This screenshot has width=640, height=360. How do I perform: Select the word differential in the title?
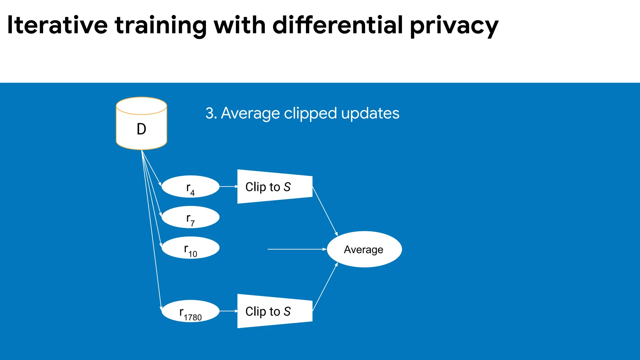click(337, 25)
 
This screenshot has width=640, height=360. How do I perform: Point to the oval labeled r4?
click(190, 187)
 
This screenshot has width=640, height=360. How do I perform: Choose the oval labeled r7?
click(190, 217)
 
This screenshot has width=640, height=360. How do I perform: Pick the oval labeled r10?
click(190, 248)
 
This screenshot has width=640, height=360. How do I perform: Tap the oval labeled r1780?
click(190, 311)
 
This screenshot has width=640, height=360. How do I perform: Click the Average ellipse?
click(364, 249)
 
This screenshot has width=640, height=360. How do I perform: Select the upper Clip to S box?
click(274, 187)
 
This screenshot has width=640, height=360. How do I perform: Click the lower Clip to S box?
click(274, 311)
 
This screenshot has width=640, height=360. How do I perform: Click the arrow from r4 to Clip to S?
click(228, 187)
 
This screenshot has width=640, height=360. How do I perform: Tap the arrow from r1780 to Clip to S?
click(228, 311)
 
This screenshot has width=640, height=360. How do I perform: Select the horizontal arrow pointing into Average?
click(297, 249)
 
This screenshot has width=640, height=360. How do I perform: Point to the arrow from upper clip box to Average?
click(325, 211)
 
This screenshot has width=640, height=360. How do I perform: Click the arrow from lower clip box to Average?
click(325, 287)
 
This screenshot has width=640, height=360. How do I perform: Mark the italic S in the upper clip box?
click(287, 187)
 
